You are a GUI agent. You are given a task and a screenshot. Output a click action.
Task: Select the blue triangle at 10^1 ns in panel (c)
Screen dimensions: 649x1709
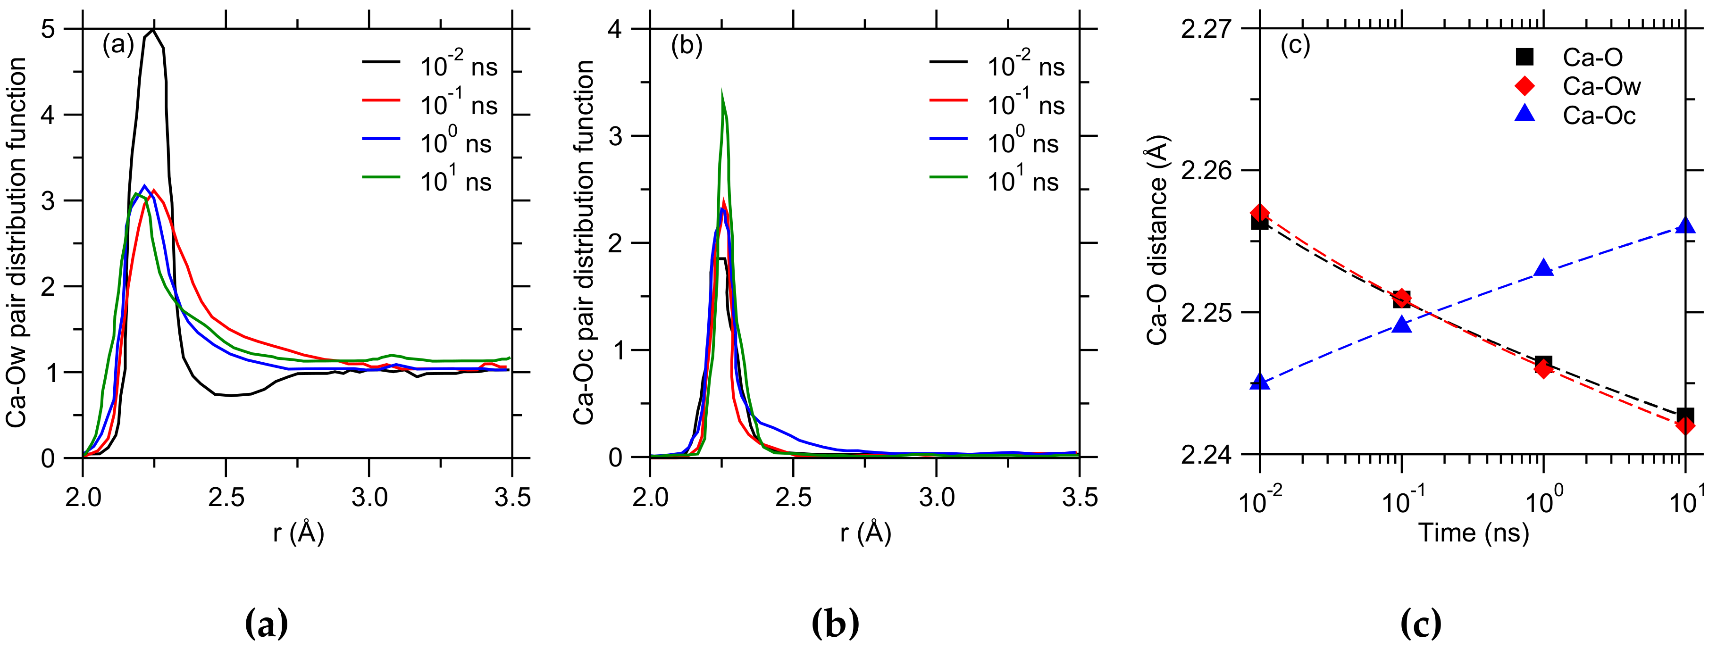[x=1685, y=225]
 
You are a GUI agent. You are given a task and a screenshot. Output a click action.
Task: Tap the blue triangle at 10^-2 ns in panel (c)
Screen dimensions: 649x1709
[x=1259, y=382]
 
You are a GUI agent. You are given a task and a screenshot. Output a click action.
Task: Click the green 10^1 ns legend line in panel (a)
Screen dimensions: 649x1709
[x=381, y=177]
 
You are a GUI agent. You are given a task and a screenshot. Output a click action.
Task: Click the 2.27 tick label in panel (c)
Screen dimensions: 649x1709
[x=1206, y=30]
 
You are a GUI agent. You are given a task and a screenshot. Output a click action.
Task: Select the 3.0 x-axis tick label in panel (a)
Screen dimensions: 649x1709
[x=369, y=497]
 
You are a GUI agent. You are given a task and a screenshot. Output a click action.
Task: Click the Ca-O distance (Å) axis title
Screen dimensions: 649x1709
[x=1157, y=242]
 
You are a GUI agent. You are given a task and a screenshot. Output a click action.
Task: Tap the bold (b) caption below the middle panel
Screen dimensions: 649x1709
[x=835, y=623]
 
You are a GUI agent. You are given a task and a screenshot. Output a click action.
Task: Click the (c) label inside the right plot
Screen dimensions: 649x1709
[x=1295, y=45]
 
